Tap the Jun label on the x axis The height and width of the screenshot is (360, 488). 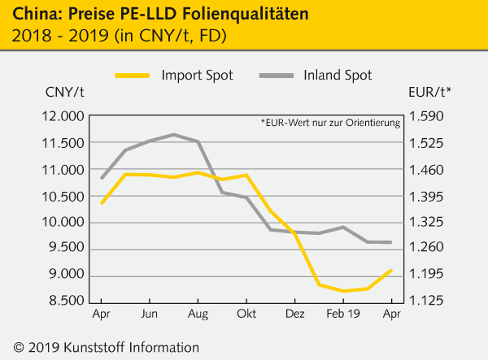click(150, 314)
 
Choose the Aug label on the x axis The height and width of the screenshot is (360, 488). click(198, 314)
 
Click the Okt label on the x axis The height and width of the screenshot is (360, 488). click(246, 314)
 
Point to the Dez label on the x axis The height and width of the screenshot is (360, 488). click(295, 314)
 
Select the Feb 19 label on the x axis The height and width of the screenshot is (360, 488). click(343, 314)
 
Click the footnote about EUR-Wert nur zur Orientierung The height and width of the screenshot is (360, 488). click(331, 124)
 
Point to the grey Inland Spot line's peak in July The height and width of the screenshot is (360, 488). click(173, 134)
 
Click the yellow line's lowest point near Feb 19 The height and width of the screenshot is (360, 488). click(343, 291)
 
